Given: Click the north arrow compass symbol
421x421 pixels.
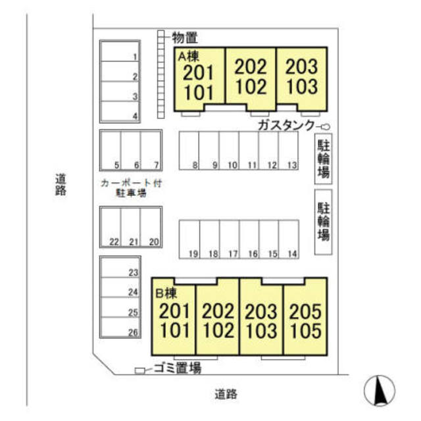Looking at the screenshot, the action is tap(380, 390).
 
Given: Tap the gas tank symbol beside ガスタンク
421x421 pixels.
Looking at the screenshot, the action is tap(326, 126).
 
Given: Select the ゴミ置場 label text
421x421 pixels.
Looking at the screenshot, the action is tap(178, 368).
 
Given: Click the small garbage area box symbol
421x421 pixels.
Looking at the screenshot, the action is tap(139, 370).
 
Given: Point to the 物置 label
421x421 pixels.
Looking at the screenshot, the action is tap(185, 37).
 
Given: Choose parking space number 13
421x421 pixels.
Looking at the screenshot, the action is tap(289, 151).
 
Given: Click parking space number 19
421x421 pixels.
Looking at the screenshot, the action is tap(189, 239).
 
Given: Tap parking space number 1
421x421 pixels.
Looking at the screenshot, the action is tap(120, 51).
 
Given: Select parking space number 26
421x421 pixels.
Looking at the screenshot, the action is tap(120, 327).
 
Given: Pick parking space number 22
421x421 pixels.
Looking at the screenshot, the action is tap(111, 227).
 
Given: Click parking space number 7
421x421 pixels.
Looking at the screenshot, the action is tap(151, 151).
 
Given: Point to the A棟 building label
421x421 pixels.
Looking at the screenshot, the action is tap(189, 57).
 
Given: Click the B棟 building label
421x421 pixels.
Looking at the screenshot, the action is tap(166, 293).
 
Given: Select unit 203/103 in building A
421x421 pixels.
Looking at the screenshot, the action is tap(302, 79).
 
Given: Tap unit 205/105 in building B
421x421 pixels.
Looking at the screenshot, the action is tap(305, 316).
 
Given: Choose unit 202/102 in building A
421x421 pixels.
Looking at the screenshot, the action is tap(251, 79).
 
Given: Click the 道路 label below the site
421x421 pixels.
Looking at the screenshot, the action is tap(226, 394).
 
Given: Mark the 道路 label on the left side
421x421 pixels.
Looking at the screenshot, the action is tap(61, 185).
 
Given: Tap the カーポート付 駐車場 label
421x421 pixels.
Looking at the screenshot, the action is tap(131, 188).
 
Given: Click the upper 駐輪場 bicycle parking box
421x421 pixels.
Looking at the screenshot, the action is tap(323, 159).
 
